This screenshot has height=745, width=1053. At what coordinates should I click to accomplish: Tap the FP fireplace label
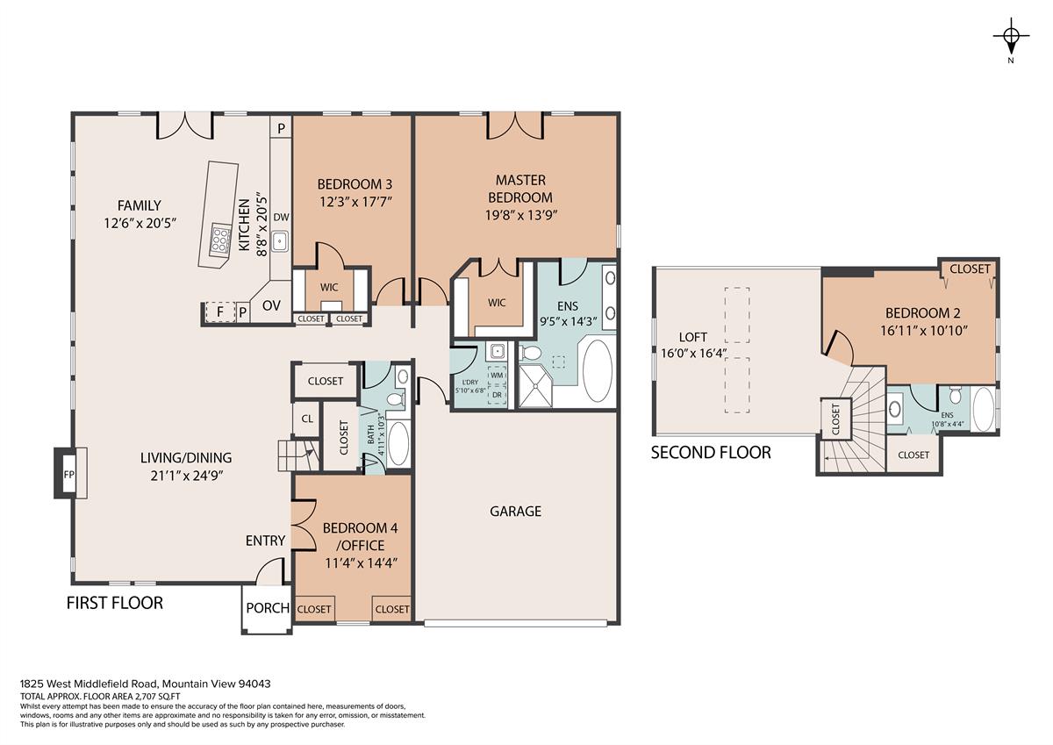click(69, 474)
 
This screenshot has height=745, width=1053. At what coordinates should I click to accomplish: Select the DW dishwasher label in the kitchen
click(281, 217)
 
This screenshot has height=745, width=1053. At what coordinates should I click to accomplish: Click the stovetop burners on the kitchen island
click(220, 238)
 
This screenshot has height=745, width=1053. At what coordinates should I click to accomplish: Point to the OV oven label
click(271, 305)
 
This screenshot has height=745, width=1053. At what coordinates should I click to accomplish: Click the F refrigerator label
click(220, 312)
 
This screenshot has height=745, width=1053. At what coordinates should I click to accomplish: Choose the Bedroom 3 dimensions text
click(356, 202)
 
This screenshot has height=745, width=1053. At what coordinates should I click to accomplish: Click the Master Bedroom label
click(520, 189)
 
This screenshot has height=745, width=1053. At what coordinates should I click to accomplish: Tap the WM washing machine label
click(497, 376)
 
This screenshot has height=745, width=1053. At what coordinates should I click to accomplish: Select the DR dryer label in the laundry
click(497, 395)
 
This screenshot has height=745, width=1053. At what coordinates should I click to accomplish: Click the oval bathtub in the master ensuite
click(597, 370)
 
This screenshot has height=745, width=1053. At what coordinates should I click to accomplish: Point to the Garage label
click(516, 512)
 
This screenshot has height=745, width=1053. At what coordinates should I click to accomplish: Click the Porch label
click(268, 608)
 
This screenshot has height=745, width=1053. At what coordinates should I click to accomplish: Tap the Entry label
click(265, 541)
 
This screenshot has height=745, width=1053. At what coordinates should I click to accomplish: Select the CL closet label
click(307, 419)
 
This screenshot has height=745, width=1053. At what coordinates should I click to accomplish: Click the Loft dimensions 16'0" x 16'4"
click(694, 354)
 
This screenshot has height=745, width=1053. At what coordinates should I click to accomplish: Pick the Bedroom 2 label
click(923, 313)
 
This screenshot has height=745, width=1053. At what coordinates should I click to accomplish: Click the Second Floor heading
click(711, 453)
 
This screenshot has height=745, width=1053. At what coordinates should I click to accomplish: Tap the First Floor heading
click(115, 603)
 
